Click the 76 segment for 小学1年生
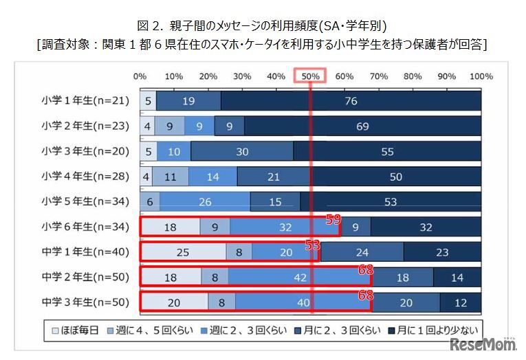pos(351,101)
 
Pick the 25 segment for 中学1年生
pos(183,251)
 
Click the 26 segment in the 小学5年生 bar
pos(205,201)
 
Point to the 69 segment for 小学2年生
pos(362,126)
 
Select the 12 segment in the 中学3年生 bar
pos(461,302)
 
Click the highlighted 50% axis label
pos(310,76)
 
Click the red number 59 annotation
pos(333,219)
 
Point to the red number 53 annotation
pos(314,244)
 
